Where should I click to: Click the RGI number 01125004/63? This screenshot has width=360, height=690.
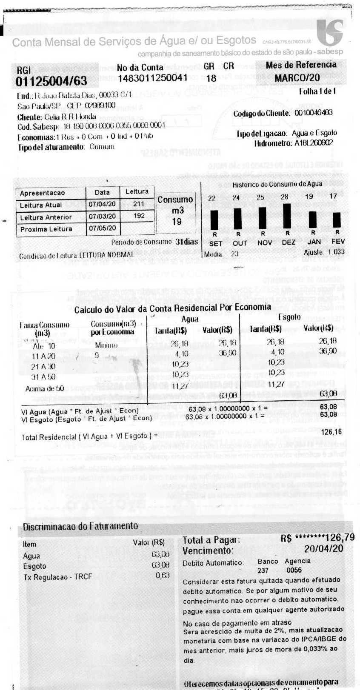51,81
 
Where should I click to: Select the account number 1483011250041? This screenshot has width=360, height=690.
152,78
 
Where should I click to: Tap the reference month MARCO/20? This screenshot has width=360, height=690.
297,78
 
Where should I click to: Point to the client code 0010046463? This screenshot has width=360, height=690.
314,113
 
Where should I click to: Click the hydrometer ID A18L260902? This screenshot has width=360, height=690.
314,143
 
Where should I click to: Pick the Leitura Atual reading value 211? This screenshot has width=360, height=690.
139,204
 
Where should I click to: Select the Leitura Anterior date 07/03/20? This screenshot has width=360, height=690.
102,216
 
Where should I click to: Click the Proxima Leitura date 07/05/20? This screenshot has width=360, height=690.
102,228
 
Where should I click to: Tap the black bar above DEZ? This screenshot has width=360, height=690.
287,216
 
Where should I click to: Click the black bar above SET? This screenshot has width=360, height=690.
214,220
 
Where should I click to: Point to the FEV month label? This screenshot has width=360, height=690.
338,242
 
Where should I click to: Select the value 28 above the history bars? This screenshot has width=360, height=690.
285,197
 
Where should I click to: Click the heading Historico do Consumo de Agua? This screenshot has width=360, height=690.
277,185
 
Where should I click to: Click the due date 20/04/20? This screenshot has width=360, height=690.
323,549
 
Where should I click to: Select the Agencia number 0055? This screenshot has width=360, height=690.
294,570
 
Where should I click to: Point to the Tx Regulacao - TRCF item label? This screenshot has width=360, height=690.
57,577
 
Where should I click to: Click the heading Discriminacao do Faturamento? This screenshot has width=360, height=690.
80,526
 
